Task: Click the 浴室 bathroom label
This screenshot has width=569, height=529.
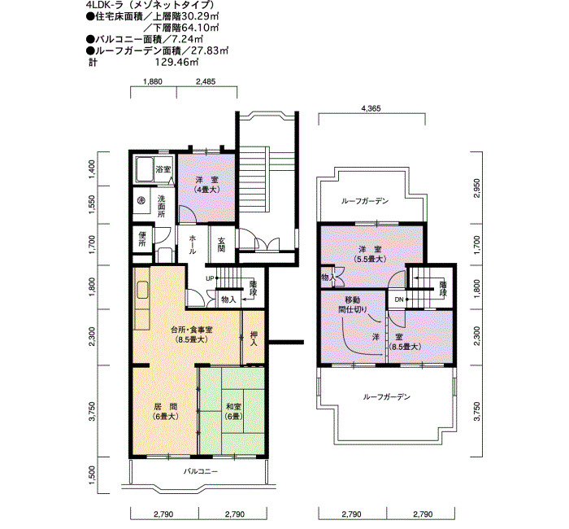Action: click(x=163, y=169)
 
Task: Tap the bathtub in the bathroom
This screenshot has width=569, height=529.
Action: click(x=144, y=169)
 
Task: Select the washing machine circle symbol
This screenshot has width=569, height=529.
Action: click(x=142, y=200)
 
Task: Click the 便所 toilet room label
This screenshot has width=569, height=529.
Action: click(x=142, y=239)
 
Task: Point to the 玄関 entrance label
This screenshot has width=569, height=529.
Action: click(x=221, y=244)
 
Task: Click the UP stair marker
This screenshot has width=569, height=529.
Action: click(x=210, y=278)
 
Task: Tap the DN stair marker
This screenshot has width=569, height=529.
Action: click(x=399, y=299)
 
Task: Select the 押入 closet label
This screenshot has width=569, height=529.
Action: click(x=254, y=338)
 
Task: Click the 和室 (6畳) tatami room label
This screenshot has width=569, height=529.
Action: click(x=233, y=412)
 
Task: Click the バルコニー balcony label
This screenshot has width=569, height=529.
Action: click(x=200, y=471)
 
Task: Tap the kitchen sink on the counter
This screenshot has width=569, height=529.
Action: click(x=142, y=290)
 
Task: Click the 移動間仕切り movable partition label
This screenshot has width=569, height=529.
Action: click(x=353, y=305)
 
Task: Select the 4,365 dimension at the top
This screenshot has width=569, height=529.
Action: click(x=371, y=108)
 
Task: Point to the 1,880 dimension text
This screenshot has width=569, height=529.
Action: click(x=153, y=81)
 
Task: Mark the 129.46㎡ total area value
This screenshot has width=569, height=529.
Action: click(x=176, y=62)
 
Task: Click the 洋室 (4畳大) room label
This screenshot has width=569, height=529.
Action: click(x=206, y=184)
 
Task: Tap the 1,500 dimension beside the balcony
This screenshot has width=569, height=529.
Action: click(x=93, y=475)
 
